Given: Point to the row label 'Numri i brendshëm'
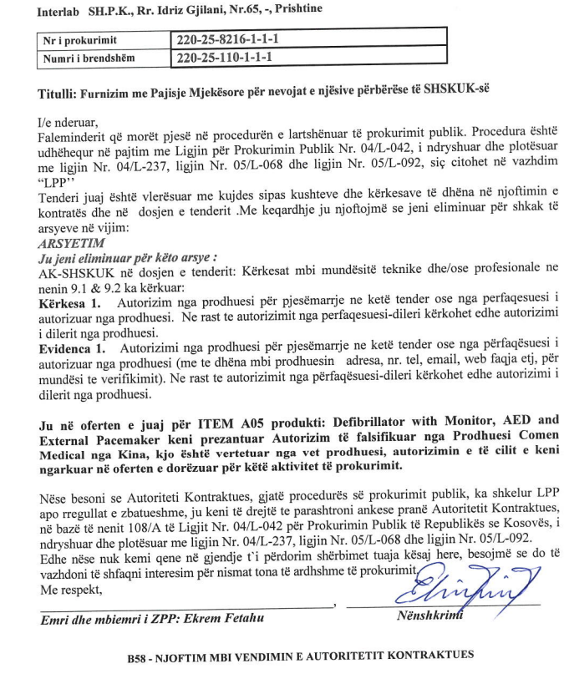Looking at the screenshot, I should (x=88, y=58).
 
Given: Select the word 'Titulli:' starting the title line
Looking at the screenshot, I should (x=58, y=94).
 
